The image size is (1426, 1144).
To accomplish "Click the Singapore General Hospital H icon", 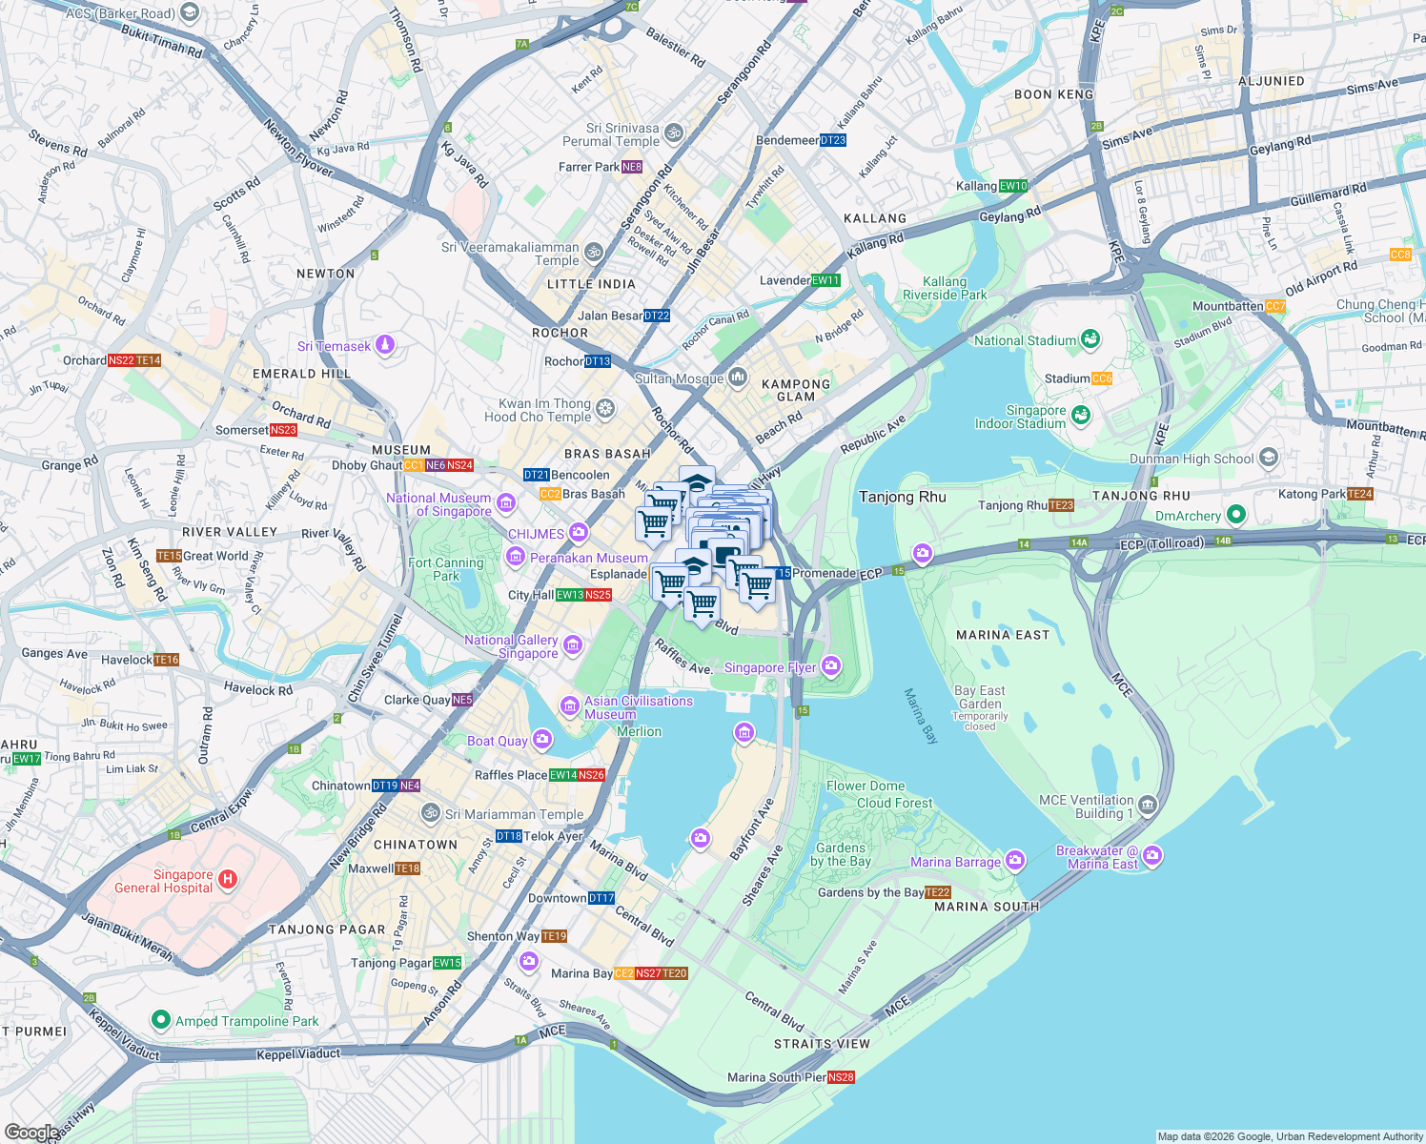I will (228, 879).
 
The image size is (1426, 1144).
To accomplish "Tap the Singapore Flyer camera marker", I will (831, 665).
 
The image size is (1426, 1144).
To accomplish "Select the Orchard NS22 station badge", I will (121, 360).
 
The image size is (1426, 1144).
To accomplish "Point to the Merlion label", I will (639, 731).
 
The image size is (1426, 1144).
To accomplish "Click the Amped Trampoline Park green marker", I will (161, 1020).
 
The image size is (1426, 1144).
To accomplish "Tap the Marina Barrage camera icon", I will (1014, 861).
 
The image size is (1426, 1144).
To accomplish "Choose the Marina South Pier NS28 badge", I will (841, 1077).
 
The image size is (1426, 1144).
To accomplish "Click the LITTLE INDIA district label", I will (591, 284).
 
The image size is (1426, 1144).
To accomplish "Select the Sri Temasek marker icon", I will (385, 344).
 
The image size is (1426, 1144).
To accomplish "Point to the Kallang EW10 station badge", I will (1013, 186).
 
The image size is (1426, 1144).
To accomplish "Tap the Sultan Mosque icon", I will (738, 378).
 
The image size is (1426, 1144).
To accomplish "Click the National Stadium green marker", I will (1090, 339).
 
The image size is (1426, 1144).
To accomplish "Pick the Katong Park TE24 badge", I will (1360, 494).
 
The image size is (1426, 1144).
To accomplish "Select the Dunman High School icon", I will (1268, 458).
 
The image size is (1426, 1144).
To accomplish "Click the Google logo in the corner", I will (31, 1133).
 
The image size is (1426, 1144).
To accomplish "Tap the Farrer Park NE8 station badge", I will (632, 167).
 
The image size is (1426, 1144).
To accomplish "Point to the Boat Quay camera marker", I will (542, 740).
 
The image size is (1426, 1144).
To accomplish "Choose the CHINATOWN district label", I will (416, 845).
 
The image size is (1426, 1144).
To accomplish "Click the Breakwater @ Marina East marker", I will (1152, 856).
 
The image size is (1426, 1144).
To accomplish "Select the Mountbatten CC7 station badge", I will (1275, 306).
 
